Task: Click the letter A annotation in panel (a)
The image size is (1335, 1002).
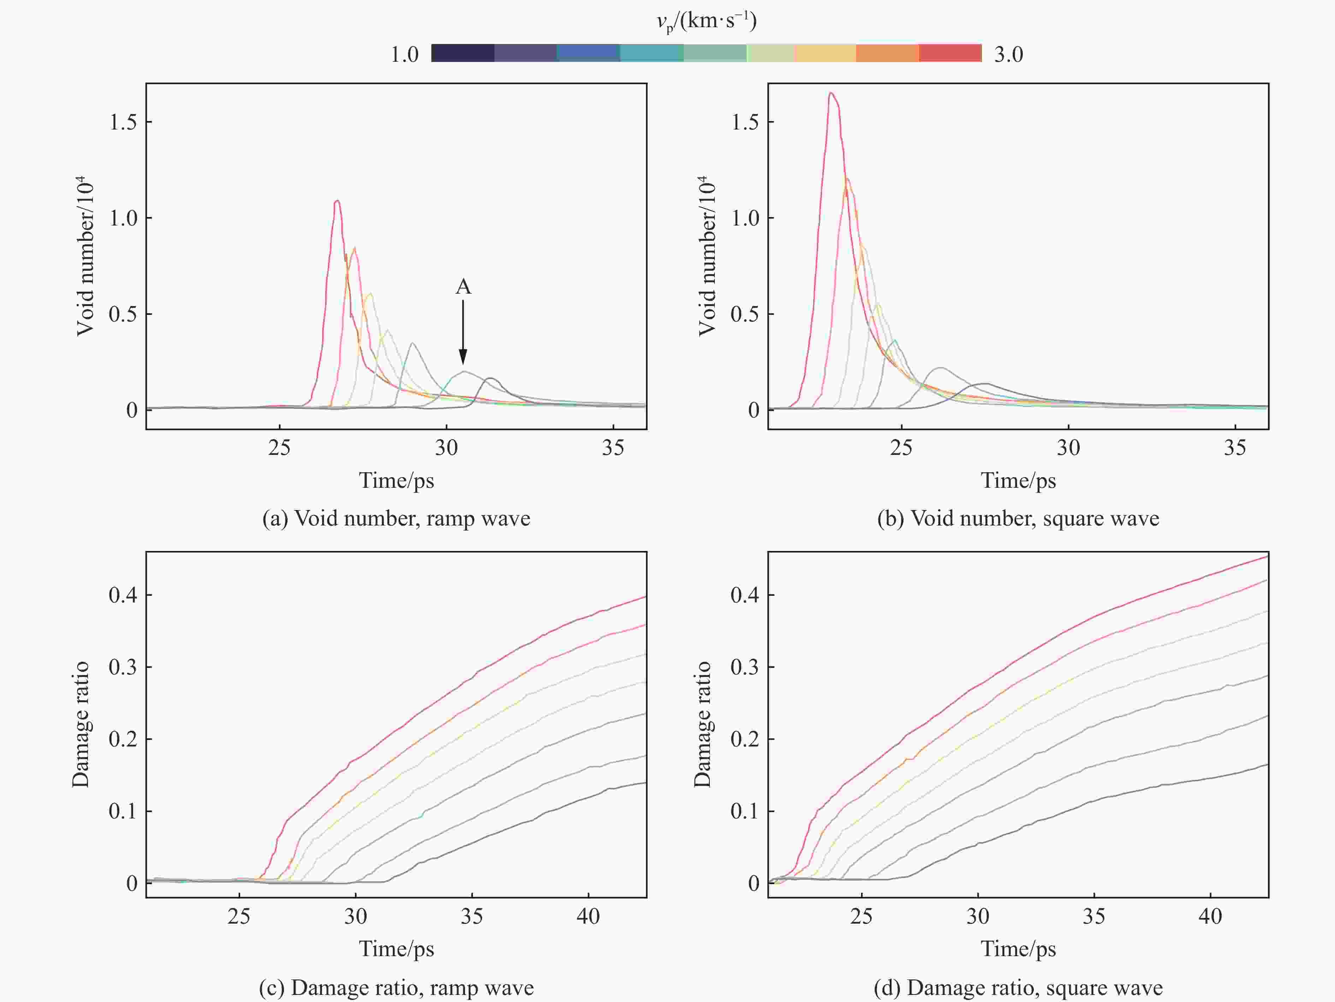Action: (x=463, y=287)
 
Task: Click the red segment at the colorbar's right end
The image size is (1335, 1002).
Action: (x=950, y=53)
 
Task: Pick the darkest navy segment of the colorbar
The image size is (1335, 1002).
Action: (x=463, y=53)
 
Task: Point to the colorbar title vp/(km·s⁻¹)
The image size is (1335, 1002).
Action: (x=706, y=22)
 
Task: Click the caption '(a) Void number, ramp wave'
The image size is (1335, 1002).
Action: (x=396, y=518)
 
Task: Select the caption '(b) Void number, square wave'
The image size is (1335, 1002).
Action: (x=1018, y=518)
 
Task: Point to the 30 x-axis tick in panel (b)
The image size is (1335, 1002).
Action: (x=1068, y=448)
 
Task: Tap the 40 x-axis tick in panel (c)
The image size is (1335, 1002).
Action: (x=588, y=916)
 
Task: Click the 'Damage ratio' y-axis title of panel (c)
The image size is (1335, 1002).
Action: (x=81, y=724)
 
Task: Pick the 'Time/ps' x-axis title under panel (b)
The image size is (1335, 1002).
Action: (x=1018, y=480)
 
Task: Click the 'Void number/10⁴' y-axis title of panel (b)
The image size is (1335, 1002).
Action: (x=706, y=256)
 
